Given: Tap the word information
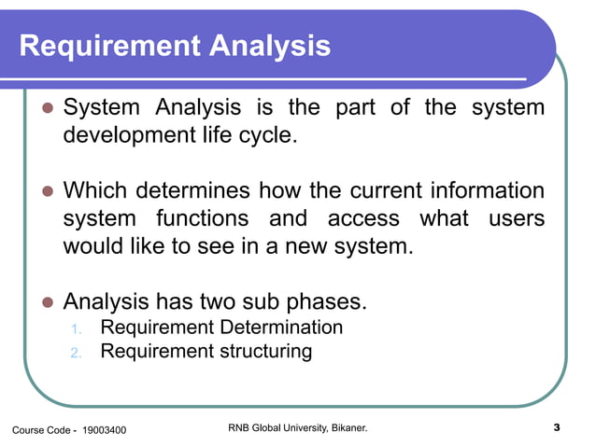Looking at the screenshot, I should coord(487,192).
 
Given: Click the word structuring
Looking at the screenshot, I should coord(265,352).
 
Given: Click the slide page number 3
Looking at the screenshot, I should coord(556,428).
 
